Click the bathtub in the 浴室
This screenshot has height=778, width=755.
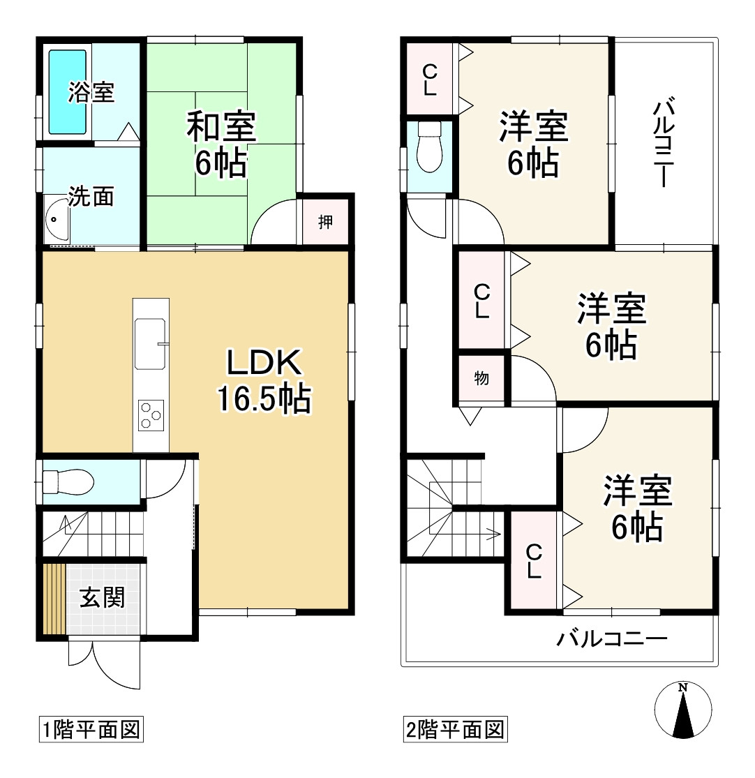[x=68, y=92]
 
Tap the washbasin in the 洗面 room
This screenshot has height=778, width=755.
[x=56, y=219]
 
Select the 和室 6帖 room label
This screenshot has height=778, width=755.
[x=220, y=144]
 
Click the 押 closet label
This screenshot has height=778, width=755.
[x=325, y=222]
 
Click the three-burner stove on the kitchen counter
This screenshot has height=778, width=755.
[x=151, y=415]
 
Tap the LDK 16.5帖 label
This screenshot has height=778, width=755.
[x=264, y=380]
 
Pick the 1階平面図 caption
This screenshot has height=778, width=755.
[x=91, y=730]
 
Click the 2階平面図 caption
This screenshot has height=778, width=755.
[x=456, y=730]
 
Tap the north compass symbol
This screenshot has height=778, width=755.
[x=683, y=710]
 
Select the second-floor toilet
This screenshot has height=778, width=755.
[x=430, y=147]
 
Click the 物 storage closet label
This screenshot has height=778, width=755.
[x=481, y=378]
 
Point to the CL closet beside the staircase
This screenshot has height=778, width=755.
[x=534, y=561]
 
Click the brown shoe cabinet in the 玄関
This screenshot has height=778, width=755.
[x=54, y=599]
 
